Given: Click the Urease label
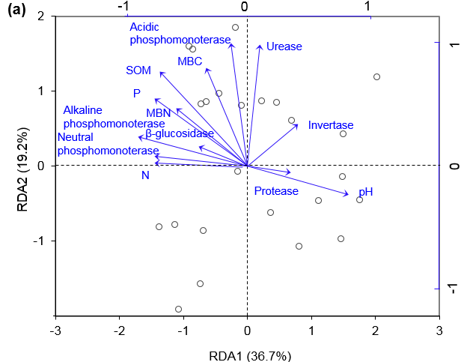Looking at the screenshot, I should click(284, 46).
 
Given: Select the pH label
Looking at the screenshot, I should click(365, 192).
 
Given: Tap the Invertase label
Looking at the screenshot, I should click(331, 125).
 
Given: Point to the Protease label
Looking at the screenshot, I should click(276, 191).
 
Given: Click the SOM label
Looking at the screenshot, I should click(138, 70).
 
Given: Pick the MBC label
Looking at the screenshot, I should click(189, 61).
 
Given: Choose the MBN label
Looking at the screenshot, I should click(159, 112).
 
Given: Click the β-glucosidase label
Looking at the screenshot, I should click(180, 133).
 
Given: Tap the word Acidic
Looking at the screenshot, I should click(144, 27).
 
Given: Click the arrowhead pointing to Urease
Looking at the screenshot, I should click(260, 46).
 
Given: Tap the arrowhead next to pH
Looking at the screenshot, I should click(347, 194).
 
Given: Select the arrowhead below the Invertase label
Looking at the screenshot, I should click(296, 125).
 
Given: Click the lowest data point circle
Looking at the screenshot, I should click(178, 309).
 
